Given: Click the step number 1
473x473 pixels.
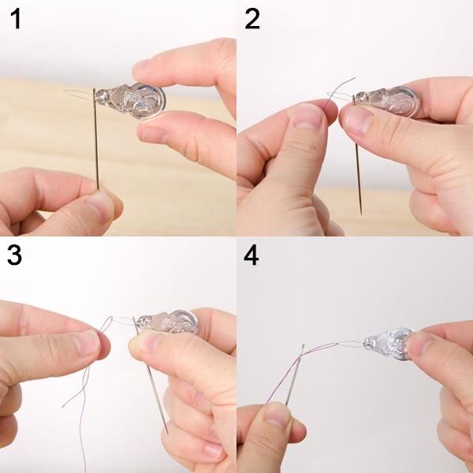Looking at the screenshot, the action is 16,19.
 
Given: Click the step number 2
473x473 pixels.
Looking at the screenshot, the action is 252,19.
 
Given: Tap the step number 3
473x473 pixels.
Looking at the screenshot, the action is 14,255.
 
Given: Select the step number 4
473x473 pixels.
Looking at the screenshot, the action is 251,255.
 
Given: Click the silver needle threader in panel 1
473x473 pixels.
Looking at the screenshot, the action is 130,100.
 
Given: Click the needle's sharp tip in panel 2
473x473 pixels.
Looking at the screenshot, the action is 361,214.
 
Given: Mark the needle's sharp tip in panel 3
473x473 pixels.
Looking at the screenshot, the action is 167,434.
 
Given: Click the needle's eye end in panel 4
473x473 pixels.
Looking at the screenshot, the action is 303,345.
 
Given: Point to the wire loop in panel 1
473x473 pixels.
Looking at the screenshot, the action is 78,94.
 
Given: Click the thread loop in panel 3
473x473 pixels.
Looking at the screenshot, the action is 105,325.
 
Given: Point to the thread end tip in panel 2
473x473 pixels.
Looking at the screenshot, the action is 355,78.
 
